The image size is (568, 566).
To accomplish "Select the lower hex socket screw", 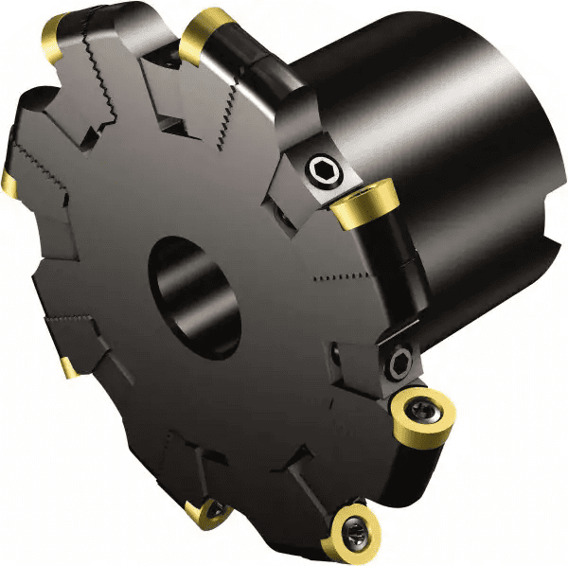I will (397, 361).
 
